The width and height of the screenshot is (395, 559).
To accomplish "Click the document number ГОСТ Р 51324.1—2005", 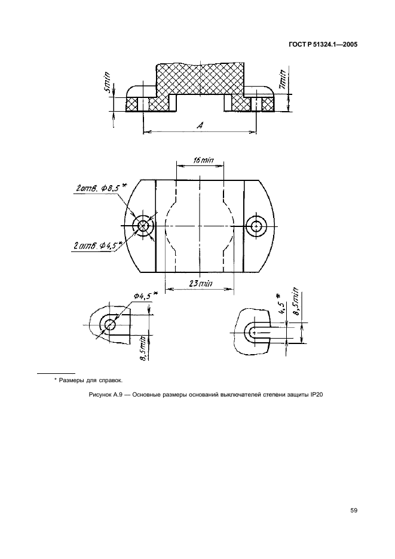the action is coord(323,45).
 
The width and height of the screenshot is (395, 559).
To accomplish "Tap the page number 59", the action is coord(354,511).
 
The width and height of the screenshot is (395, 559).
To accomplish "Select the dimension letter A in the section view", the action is coord(200,125).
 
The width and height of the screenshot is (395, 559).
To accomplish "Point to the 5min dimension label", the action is coord(108,83).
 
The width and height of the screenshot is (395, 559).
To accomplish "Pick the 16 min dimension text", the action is coord(203,161).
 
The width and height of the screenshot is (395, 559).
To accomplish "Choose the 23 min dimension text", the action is coord(200,284).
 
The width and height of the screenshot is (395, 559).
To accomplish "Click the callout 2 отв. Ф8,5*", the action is coord(102,188).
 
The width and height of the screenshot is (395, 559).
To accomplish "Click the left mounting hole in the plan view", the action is coord(143,226).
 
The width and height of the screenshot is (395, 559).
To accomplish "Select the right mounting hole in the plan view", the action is coord(256,226).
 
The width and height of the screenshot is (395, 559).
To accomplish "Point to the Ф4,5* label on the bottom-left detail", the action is coord(146,296).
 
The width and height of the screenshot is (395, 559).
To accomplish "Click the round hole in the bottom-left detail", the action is coord(110,325).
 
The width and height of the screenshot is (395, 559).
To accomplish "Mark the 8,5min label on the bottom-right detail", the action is coord(296,301).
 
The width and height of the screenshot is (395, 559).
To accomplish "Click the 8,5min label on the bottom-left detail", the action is coord(144,348).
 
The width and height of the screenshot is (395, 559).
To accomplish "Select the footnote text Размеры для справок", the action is coord(91,380).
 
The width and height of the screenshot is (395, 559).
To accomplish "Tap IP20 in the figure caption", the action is coord(317,395).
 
